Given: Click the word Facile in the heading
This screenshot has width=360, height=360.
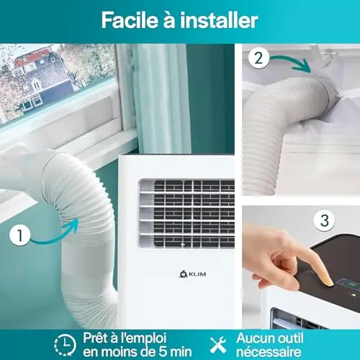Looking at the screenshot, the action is click(130, 20).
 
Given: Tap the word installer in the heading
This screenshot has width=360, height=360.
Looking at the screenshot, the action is click(219, 20).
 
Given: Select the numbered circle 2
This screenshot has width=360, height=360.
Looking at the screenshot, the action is click(258, 58).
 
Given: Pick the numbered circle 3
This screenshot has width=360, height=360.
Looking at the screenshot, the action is click(325, 220).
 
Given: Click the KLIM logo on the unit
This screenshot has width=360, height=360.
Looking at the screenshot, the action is click(193, 274).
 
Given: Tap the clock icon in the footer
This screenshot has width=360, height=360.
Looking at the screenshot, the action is click(65, 345).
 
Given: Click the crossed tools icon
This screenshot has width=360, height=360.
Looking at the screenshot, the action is click(218, 345).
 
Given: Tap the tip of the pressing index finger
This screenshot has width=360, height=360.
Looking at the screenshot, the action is click(330, 282).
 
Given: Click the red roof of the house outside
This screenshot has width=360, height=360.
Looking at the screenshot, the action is click(32, 57).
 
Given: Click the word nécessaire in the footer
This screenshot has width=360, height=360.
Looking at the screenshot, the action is click(269, 352).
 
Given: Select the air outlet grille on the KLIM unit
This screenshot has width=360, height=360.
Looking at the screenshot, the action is click(186, 214).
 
